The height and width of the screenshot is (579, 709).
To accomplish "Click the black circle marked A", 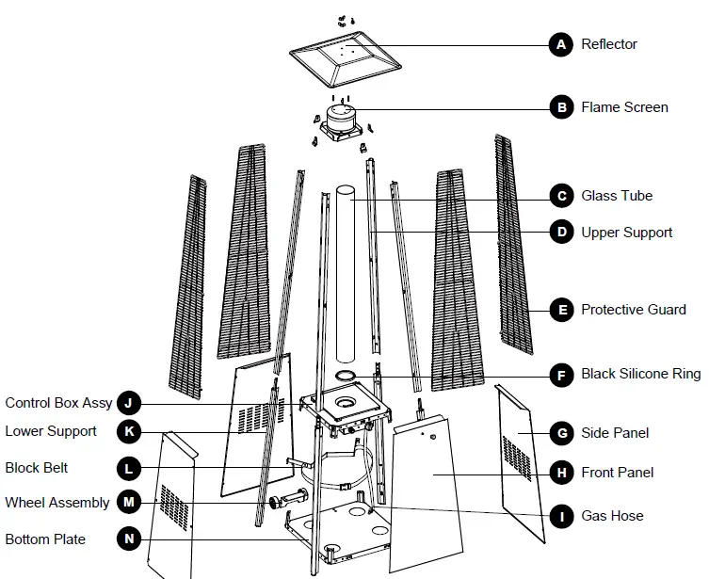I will pos(561,44).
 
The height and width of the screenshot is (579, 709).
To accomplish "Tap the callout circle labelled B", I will pos(561,107).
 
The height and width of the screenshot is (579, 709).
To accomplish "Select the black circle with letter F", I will pos(561,375).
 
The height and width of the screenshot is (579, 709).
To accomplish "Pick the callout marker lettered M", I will pos(129,503).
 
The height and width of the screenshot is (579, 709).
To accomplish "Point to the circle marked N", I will pos(129,539).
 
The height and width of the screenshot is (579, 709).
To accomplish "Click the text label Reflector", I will pos(608,44).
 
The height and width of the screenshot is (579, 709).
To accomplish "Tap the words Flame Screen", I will pos(624,107).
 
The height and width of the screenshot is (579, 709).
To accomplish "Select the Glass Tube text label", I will pos(617,196).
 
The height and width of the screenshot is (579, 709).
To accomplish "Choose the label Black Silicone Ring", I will pos(640,375).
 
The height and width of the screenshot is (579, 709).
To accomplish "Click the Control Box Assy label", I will pos(58,403).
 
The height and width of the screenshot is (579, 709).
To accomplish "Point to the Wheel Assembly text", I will pos(57,503).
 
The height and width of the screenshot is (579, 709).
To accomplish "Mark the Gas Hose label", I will pos(612,516).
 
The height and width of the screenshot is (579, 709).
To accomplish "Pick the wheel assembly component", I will pos(286,499).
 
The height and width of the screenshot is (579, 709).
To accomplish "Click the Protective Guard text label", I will pos(633,310).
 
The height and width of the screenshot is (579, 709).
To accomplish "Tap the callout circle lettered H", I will pos(561,473).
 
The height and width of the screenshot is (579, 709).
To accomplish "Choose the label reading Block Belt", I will pos(37,467).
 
